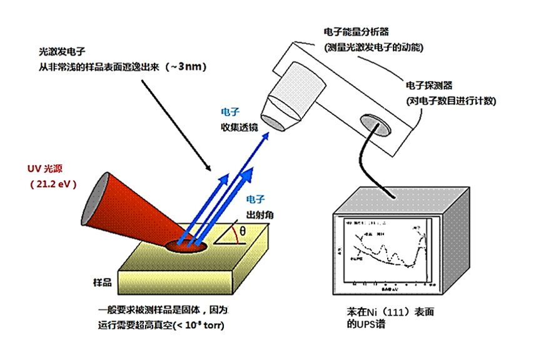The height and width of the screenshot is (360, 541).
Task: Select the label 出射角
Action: coord(260,215)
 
